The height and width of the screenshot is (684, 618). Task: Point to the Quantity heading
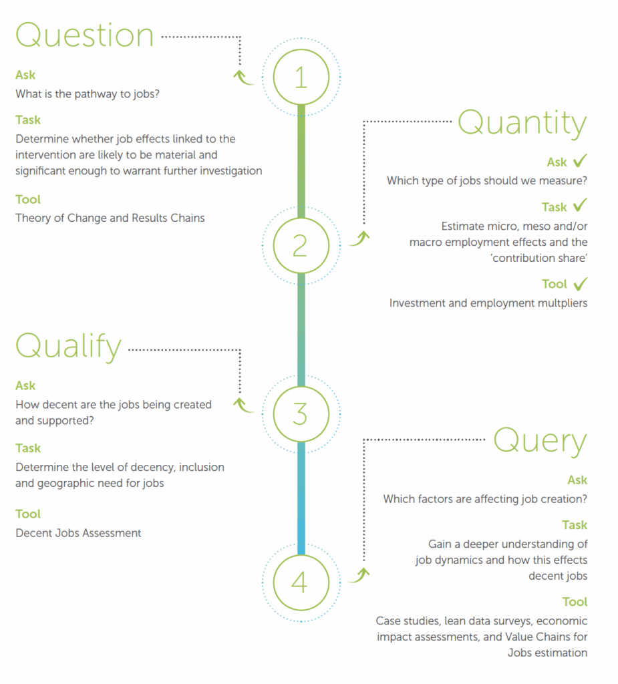point(522,124)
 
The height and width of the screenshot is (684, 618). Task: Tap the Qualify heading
point(69,347)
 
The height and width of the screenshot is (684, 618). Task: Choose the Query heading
point(540,442)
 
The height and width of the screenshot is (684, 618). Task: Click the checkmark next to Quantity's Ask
point(581,160)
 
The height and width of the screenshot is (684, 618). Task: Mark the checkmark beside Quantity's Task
point(581,204)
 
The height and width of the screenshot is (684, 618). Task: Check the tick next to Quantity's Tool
point(581,284)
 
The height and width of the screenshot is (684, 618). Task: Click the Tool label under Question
point(28,199)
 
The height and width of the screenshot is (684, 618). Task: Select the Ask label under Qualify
point(25,385)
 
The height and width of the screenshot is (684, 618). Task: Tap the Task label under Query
point(575,525)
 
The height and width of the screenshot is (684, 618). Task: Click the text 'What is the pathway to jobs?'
point(88,94)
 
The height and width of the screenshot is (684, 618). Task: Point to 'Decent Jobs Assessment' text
point(78,533)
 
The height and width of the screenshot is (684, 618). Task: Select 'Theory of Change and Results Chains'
point(110,218)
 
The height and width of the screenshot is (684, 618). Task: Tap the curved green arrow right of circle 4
point(359,575)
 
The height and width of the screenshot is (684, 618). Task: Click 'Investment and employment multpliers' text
point(488,303)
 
